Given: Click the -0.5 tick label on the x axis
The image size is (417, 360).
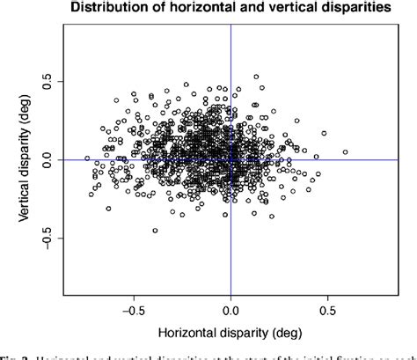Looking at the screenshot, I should coord(133,311).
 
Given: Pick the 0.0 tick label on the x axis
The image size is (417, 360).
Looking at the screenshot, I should coord(230,311).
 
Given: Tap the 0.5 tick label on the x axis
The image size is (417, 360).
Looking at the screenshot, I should coord(328,311).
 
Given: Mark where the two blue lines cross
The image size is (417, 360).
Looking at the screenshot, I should coord(230,159).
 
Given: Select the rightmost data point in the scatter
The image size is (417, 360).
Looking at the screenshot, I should coord(345,151).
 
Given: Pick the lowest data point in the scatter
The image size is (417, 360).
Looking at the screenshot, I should coord(155,231).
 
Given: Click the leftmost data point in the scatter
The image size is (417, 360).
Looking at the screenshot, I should coord(87,158).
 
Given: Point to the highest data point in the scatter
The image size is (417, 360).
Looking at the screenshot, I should coord(256,77).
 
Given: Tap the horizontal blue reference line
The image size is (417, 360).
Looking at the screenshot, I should coord(369,159).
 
